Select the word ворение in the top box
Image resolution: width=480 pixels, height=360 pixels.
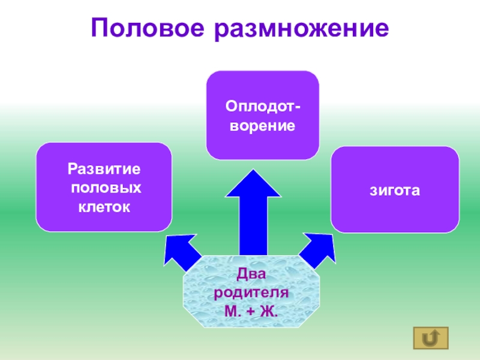point(263,127)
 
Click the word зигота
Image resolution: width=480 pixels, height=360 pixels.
point(395,190)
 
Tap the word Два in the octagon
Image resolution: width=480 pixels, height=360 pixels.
point(251,275)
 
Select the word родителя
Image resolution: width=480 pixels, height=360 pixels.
point(251,294)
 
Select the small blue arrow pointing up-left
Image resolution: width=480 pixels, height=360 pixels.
point(181,250)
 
